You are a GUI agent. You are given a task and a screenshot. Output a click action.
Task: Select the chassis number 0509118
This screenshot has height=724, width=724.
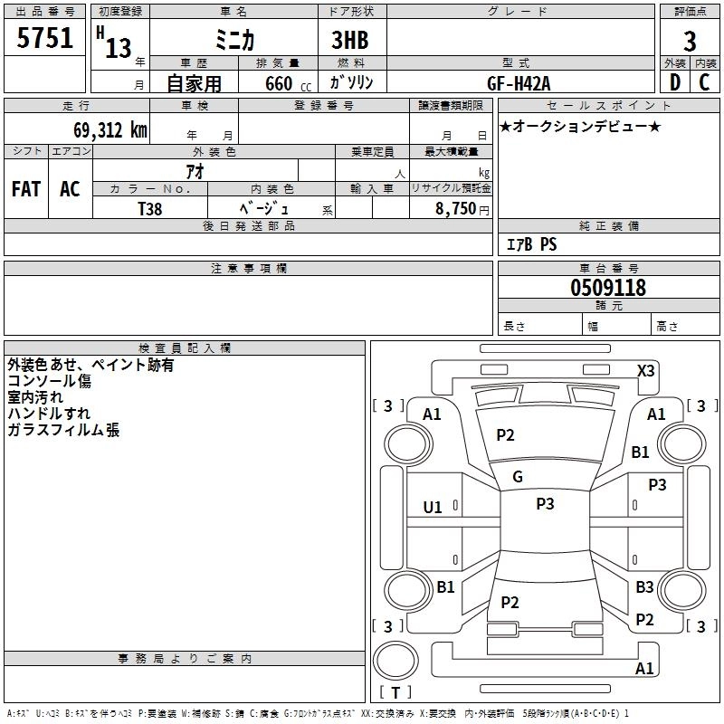pos(608,289)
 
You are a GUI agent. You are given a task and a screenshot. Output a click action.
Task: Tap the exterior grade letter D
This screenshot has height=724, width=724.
pos(674,82)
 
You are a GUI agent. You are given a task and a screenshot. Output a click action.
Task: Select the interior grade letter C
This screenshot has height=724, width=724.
pos(705,82)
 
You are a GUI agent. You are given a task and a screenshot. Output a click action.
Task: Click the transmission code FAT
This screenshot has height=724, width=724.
pos(25,189)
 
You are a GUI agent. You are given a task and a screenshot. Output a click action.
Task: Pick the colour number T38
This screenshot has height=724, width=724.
pos(150,208)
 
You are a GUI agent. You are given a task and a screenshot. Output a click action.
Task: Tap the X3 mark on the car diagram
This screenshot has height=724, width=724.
pos(646,371)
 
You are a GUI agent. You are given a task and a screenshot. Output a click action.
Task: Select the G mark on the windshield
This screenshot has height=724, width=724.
pos(518,477)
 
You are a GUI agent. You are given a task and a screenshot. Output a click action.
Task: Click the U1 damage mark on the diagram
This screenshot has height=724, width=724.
pos(433,508)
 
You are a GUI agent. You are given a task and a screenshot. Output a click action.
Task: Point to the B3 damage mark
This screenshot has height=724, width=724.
pos(644,587)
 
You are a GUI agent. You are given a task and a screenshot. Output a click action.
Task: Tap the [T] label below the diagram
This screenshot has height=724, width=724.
pos(395,692)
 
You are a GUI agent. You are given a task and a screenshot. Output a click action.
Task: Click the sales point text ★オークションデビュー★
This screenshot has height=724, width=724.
pos(580,126)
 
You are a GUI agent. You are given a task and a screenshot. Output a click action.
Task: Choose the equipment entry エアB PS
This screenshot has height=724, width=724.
pos(531,243)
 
